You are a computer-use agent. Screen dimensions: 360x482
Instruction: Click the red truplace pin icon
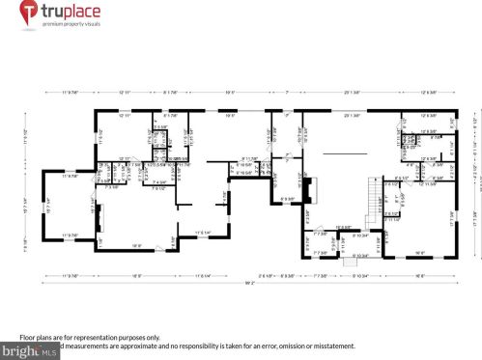tap(27, 13)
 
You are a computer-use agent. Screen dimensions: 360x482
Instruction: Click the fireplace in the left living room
tap(99, 235)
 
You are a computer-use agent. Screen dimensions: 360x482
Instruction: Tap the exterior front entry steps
tap(347, 263)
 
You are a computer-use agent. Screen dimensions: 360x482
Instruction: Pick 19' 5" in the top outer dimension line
tap(230, 92)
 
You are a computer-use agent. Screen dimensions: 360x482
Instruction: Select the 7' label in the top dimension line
tap(287, 92)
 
